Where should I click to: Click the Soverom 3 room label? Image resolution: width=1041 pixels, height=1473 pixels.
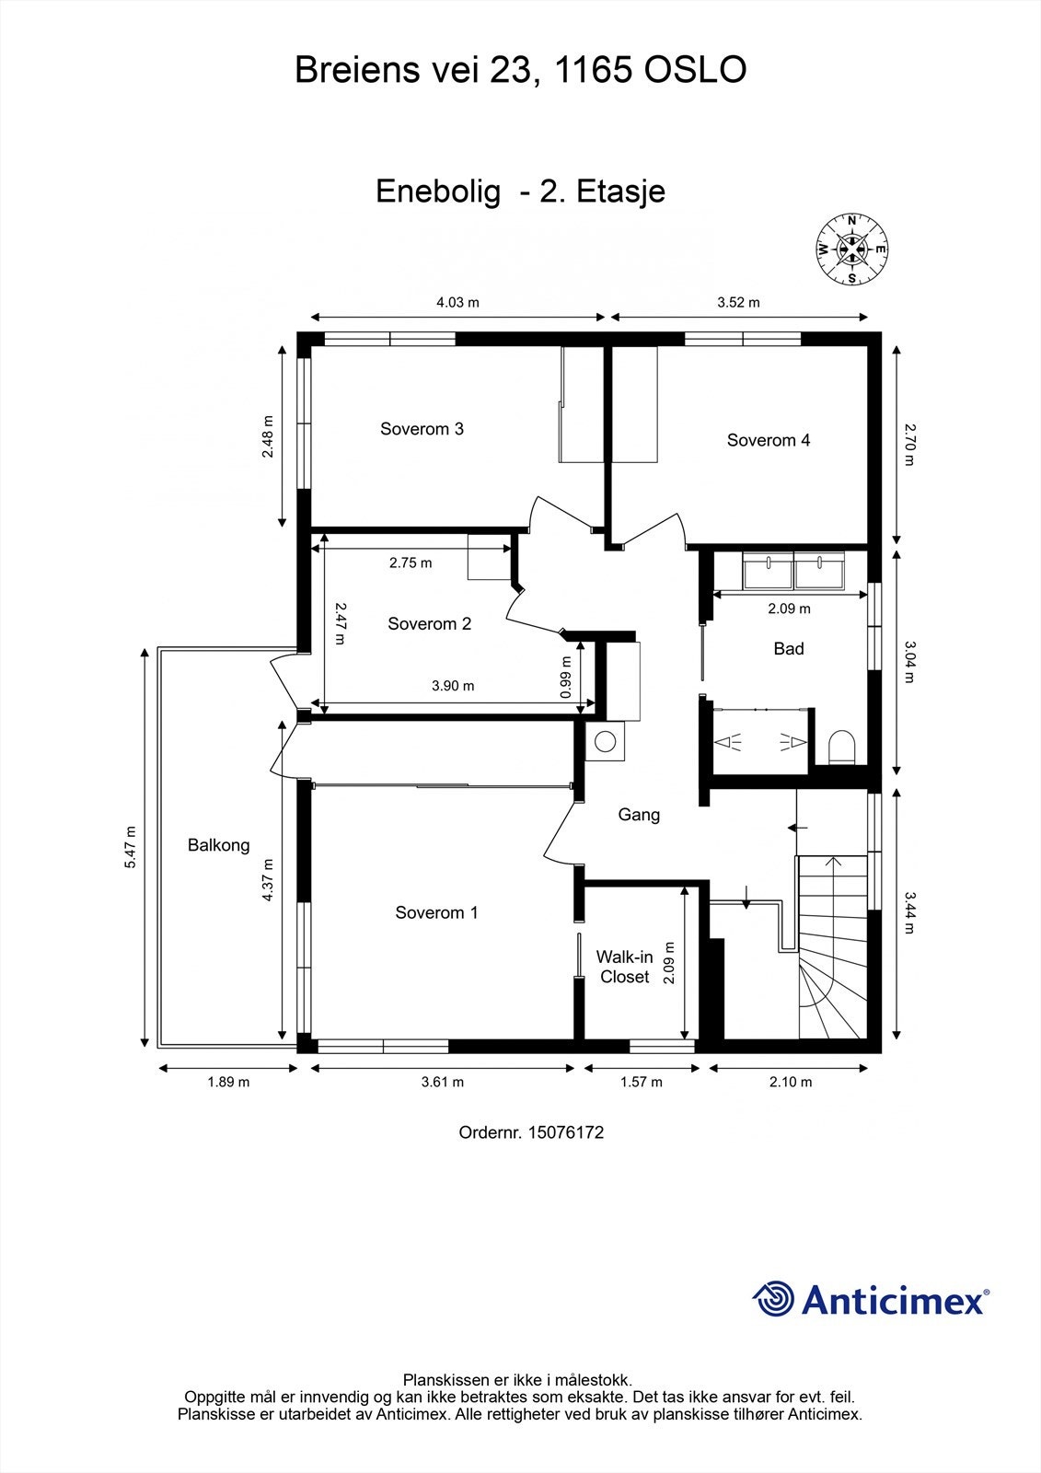pyautogui.click(x=422, y=429)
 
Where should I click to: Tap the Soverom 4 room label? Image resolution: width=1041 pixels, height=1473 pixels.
pyautogui.click(x=768, y=440)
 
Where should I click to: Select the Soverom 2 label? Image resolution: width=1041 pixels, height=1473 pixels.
pyautogui.click(x=429, y=624)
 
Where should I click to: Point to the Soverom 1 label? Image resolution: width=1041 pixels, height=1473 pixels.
pyautogui.click(x=436, y=912)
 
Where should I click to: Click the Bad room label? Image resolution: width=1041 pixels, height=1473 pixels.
pyautogui.click(x=788, y=649)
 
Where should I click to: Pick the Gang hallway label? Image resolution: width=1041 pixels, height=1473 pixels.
pyautogui.click(x=638, y=815)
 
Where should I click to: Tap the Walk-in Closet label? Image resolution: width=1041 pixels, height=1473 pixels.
pyautogui.click(x=624, y=968)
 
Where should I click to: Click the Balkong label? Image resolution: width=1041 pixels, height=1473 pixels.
pyautogui.click(x=218, y=845)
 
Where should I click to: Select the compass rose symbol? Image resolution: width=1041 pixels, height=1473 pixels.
pyautogui.click(x=851, y=249)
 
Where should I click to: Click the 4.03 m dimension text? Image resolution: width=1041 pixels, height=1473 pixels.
pyautogui.click(x=457, y=302)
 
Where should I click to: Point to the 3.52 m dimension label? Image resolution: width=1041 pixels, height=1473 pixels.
pyautogui.click(x=738, y=302)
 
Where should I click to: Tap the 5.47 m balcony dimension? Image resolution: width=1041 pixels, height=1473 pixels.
pyautogui.click(x=131, y=846)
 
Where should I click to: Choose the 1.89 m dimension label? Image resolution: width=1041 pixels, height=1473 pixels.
pyautogui.click(x=228, y=1082)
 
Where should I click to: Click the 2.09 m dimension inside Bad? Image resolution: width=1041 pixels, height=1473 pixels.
pyautogui.click(x=789, y=609)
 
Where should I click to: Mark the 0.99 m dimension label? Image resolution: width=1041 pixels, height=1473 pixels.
pyautogui.click(x=566, y=677)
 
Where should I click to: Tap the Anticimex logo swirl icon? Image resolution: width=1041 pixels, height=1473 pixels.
pyautogui.click(x=773, y=1299)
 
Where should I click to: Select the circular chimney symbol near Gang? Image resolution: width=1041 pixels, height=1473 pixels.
pyautogui.click(x=605, y=741)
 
